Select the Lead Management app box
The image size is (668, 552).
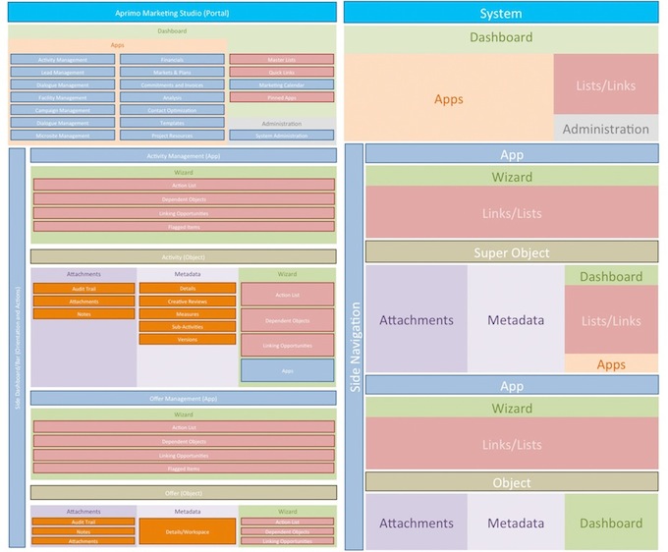63,73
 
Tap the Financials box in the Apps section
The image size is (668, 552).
172,60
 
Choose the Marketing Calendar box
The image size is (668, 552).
281,84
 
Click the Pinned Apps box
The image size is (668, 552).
281,97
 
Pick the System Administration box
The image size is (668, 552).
281,135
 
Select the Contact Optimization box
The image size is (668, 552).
172,110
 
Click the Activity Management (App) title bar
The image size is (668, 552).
184,156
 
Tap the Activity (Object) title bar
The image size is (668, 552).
184,256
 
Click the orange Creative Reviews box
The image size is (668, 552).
188,301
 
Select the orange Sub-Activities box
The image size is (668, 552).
188,326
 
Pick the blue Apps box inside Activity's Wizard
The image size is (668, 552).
287,370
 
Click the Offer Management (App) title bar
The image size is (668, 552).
184,398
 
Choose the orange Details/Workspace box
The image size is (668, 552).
188,530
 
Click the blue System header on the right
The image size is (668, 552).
501,13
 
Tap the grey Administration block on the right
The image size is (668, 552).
605,129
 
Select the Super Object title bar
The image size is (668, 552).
512,252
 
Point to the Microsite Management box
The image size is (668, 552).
63,135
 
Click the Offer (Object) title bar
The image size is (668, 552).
184,492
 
